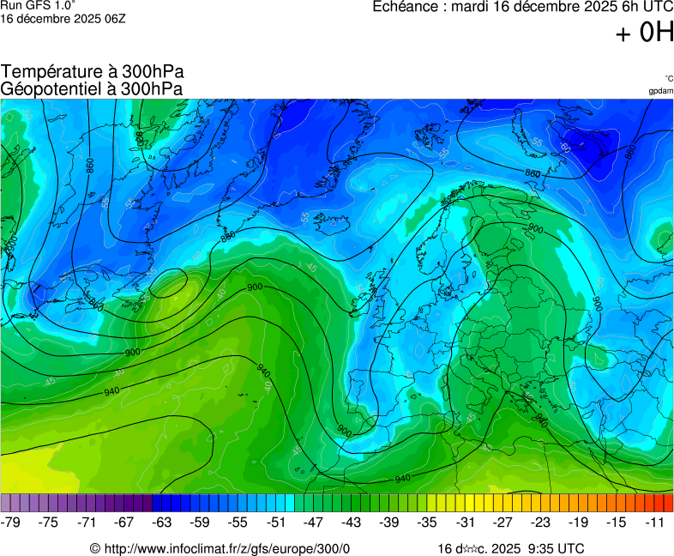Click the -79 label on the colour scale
pyautogui.click(x=11, y=522)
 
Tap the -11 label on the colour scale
pyautogui.click(x=656, y=522)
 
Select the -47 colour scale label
pyautogui.click(x=314, y=522)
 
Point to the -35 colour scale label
pyautogui.click(x=427, y=522)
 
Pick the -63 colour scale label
pyautogui.click(x=162, y=522)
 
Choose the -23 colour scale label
pyautogui.click(x=540, y=522)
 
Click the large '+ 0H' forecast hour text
pyautogui.click(x=644, y=33)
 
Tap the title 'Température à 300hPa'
pyautogui.click(x=92, y=72)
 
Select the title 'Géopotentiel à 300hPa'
pyautogui.click(x=92, y=88)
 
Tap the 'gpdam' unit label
pyautogui.click(x=660, y=91)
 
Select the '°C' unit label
pyautogui.click(x=668, y=79)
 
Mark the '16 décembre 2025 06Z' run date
pyautogui.click(x=63, y=19)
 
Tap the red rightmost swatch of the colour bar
pyautogui.click(x=668, y=503)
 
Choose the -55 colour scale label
pyautogui.click(x=238, y=522)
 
